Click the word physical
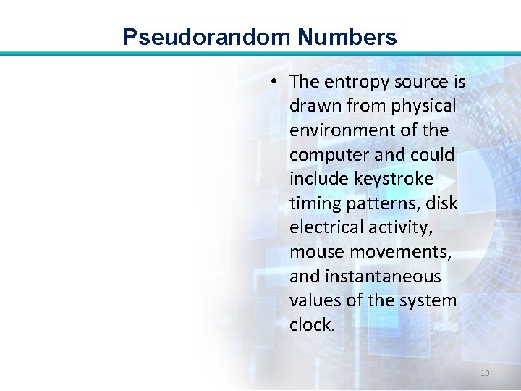point(424,106)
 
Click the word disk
point(444,203)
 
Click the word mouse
point(316,252)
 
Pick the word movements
point(395,252)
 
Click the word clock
point(312,325)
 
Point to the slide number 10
point(485,373)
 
